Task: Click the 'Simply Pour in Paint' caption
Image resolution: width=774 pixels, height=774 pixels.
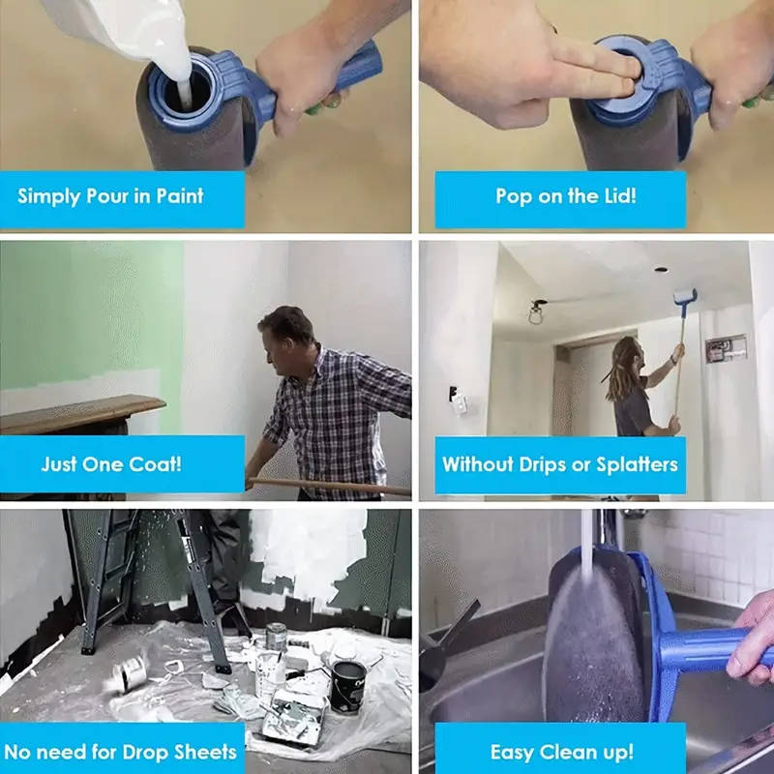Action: click(x=111, y=196)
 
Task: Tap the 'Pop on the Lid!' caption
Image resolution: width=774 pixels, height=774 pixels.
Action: click(x=565, y=196)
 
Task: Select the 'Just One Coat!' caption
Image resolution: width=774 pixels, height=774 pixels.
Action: click(x=111, y=463)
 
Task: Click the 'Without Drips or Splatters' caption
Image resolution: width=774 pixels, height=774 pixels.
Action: click(x=560, y=463)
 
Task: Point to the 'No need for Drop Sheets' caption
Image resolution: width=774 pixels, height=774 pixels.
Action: click(x=120, y=751)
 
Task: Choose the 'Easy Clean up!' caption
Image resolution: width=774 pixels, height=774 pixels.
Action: click(x=561, y=751)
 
